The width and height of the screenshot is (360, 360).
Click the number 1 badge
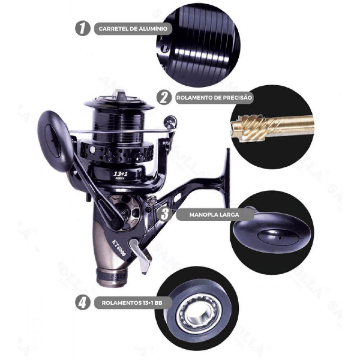[82, 29]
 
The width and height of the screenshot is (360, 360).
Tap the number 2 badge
[164, 97]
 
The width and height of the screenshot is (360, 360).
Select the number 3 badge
[165, 214]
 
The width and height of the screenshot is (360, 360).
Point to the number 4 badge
[82, 302]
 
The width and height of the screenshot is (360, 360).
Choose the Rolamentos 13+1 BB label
[131, 303]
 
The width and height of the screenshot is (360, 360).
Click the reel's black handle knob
[54, 140]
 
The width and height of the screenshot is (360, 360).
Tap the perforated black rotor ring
[115, 151]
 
